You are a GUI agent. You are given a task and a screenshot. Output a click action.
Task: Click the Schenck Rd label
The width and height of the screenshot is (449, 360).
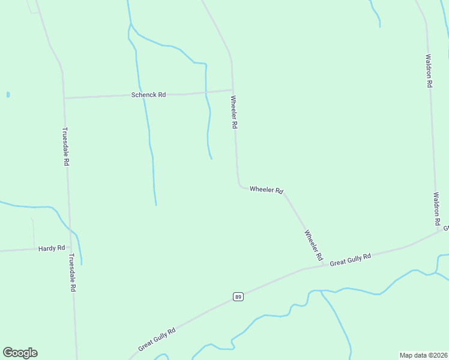(148, 95)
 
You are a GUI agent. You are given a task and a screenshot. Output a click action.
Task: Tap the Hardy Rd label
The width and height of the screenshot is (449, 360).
(51, 248)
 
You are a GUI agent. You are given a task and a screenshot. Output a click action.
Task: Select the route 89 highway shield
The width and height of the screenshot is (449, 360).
(238, 297)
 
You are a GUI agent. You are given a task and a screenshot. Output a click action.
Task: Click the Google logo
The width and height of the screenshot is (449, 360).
(20, 353)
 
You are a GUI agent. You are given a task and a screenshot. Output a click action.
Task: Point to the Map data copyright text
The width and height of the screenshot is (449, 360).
(424, 355)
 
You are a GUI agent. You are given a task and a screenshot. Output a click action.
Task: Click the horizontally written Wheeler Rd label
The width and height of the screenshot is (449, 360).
(266, 190)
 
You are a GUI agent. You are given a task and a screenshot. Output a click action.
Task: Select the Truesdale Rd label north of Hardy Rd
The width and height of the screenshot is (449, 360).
(66, 146)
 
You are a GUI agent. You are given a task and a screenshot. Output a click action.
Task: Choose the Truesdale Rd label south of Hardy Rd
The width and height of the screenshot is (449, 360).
(72, 272)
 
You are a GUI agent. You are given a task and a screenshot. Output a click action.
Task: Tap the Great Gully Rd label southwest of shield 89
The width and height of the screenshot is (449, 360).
(157, 339)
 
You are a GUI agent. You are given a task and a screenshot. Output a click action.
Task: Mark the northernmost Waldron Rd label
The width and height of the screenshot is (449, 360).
(429, 71)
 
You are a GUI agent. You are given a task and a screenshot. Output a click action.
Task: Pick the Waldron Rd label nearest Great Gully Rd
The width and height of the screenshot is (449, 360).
(437, 209)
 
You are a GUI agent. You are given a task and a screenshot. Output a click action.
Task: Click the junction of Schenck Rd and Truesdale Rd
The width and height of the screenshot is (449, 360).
(64, 98)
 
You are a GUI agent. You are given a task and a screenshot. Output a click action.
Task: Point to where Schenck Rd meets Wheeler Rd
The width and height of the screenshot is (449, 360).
(233, 91)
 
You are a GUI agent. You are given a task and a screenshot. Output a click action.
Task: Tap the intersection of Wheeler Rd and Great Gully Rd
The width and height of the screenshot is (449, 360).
(324, 265)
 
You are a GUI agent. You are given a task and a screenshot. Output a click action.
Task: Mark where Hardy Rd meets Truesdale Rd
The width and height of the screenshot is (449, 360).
(71, 247)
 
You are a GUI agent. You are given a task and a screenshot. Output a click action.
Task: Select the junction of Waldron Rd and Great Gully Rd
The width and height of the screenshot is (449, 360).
(439, 230)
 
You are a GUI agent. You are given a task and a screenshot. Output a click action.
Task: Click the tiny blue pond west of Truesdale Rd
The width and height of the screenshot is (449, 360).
(8, 94)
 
